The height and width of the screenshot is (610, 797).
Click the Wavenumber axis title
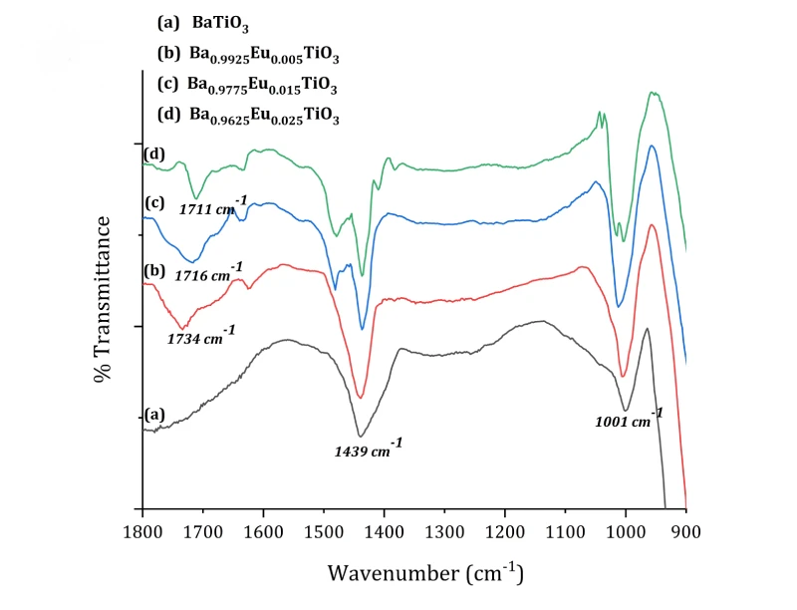tap(424, 573)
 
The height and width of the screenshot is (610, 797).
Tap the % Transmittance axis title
tap(103, 305)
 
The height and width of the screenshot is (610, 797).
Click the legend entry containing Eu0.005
tap(249, 56)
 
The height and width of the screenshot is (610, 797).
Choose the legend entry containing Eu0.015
tap(249, 86)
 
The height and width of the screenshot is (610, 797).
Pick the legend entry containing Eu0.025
tap(249, 116)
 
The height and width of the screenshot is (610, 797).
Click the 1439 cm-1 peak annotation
tap(369, 448)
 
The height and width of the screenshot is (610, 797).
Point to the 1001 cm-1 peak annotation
tap(629, 419)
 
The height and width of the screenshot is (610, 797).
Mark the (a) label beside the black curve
tap(153, 414)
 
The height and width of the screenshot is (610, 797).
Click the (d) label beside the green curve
tap(153, 154)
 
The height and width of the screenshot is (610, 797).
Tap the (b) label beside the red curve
tap(153, 271)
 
